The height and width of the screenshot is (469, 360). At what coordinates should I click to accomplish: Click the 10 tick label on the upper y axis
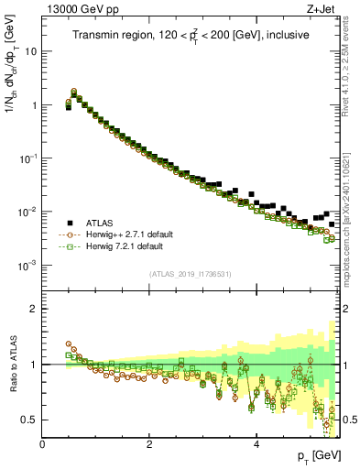point(29,51)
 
